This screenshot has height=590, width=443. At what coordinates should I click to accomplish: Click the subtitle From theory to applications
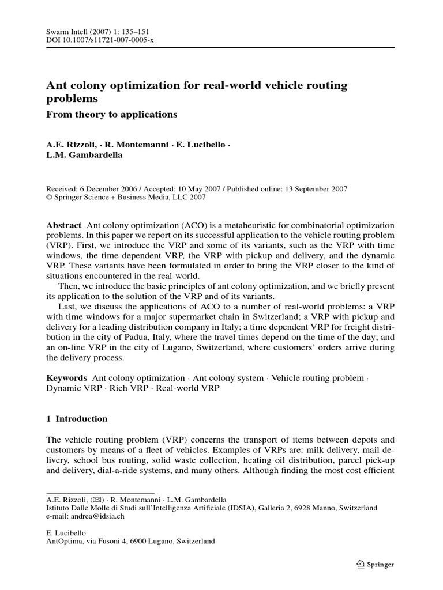pos(111,114)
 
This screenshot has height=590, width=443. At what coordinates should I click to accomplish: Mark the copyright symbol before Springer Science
pos(49,197)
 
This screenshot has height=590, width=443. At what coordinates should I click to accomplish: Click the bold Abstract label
pos(63,225)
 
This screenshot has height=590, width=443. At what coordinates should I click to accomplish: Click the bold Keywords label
pos(66,378)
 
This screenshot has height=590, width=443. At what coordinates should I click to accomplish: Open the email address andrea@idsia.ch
pos(96,517)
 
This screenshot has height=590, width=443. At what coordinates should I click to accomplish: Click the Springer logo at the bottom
pos(376,565)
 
